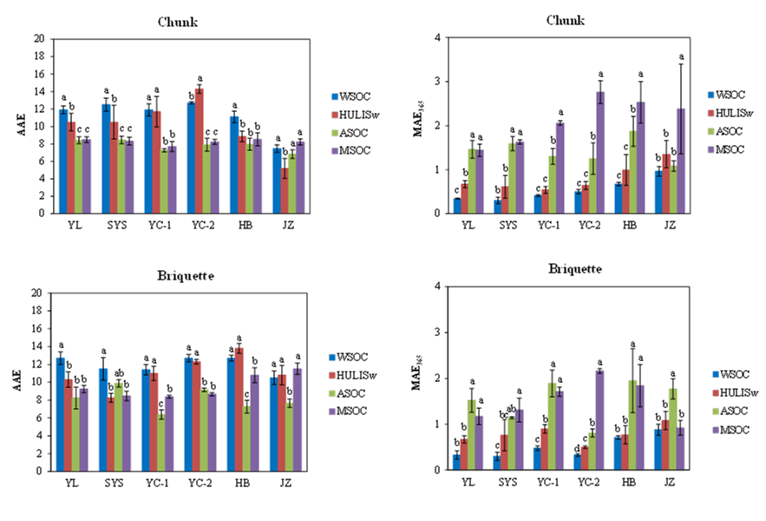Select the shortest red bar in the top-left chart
tap(285, 190)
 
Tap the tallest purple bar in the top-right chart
tap(600, 152)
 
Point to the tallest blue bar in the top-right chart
tap(658, 192)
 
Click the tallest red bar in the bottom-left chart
tap(239, 409)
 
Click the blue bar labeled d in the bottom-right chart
tap(577, 462)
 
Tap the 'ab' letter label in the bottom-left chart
tap(119, 373)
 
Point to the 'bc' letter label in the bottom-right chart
tap(503, 415)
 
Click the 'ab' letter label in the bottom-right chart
tap(512, 408)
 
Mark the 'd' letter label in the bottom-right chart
tap(577, 448)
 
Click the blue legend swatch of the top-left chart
tap(335, 97)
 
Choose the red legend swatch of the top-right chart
tap(710, 113)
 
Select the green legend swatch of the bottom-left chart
tap(332, 393)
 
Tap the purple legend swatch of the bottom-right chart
tap(716, 430)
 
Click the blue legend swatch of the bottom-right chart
tap(716, 374)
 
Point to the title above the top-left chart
tap(179, 23)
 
